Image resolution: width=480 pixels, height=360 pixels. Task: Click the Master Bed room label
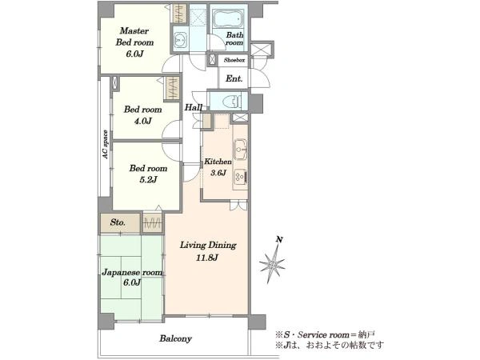click(x=134, y=37)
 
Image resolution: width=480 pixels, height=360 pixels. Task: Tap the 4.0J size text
click(x=143, y=121)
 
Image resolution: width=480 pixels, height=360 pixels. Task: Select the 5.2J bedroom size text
click(x=148, y=179)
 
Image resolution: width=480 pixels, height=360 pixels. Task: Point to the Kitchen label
click(x=218, y=162)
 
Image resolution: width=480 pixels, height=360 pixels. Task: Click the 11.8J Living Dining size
click(x=207, y=258)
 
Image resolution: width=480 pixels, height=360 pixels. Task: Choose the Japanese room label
click(x=132, y=273)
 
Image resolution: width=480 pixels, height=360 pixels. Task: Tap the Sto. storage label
click(x=118, y=222)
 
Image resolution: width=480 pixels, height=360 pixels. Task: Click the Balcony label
click(x=175, y=338)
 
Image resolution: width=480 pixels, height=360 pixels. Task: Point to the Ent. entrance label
click(x=234, y=78)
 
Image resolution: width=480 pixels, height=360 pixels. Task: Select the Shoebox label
click(x=234, y=60)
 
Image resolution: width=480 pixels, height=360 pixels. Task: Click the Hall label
click(x=193, y=107)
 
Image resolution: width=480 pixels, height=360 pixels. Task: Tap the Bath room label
click(x=234, y=39)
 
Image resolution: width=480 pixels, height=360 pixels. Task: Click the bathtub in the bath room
click(x=229, y=19)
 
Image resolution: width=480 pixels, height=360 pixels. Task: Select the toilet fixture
click(x=232, y=101)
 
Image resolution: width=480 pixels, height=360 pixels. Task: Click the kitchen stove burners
click(x=240, y=177)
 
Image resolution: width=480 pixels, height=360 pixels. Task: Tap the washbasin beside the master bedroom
click(x=180, y=39)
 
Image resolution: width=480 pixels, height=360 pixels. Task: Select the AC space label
click(x=106, y=145)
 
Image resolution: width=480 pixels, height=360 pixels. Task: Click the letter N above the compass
click(x=279, y=240)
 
